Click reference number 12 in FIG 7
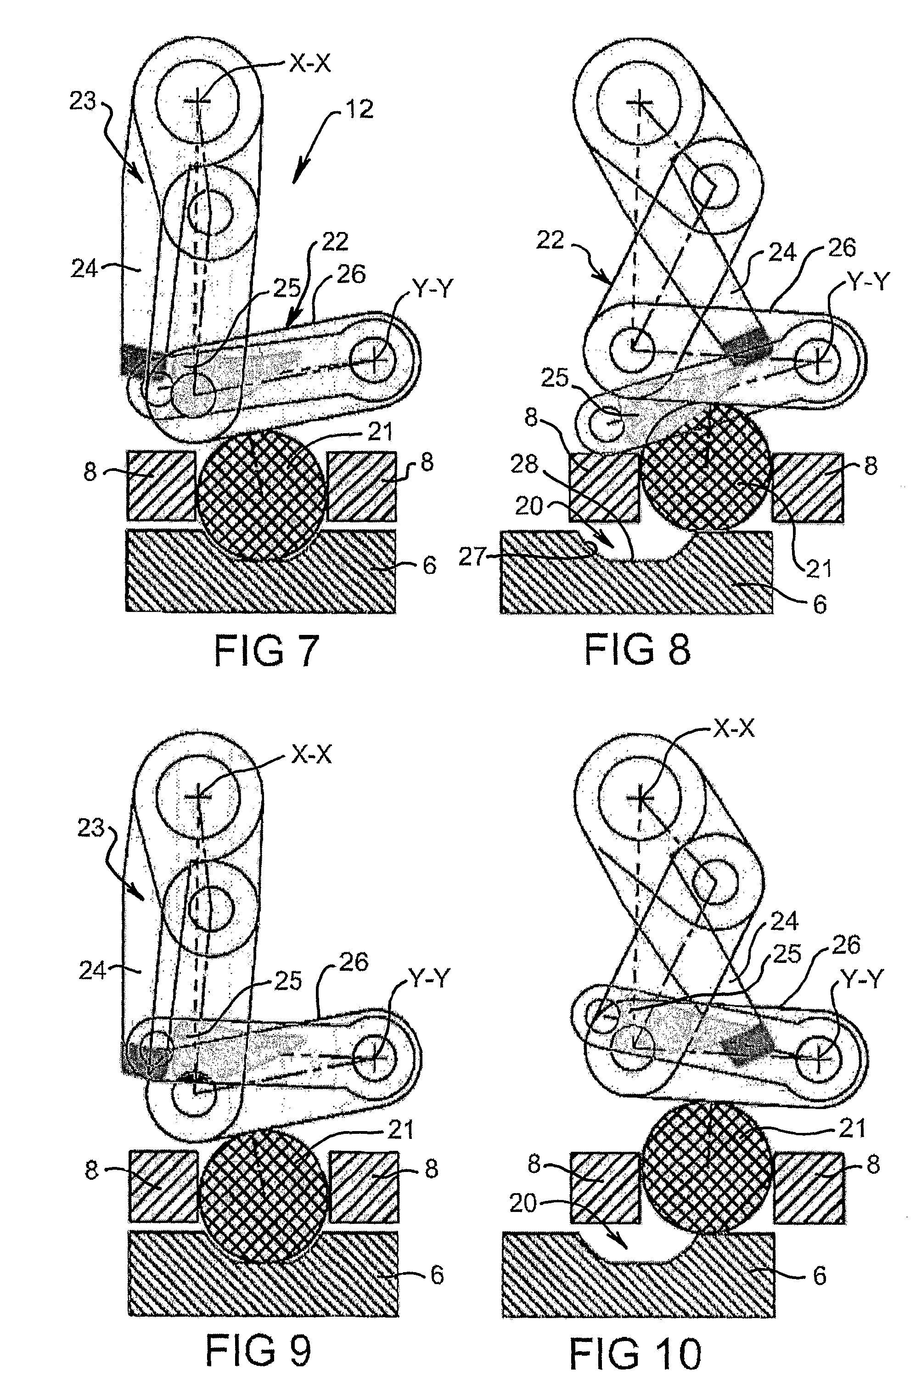tap(358, 109)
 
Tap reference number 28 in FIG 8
tap(524, 464)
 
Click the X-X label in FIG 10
tap(734, 729)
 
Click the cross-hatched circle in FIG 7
tap(261, 496)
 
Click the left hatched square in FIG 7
tap(161, 486)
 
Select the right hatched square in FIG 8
tap(807, 487)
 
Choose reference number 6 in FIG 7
tap(429, 565)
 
